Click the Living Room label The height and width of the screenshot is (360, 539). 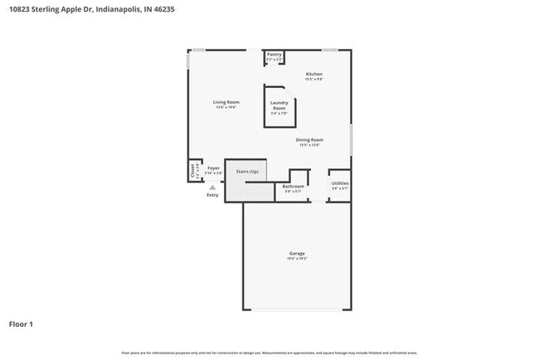coord(227,102)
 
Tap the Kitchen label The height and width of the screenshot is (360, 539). coord(313,74)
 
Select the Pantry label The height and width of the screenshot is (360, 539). coord(274,55)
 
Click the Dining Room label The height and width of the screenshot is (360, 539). coord(310,139)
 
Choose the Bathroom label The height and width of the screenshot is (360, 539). coord(294,186)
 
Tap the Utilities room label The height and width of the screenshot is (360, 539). coord(340,183)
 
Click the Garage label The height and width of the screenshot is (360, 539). coord(297,253)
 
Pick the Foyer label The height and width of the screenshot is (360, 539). coord(214,168)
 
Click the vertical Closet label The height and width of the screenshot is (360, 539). coord(193,171)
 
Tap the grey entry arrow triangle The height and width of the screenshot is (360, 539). coord(212,187)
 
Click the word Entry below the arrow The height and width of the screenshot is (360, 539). coord(212,195)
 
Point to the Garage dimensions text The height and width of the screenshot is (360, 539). coord(297,259)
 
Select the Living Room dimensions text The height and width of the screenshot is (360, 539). coord(227,107)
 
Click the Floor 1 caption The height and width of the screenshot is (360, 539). coord(21,324)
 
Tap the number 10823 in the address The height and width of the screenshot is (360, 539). coord(20,10)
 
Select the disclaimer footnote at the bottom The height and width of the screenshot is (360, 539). coord(269,352)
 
